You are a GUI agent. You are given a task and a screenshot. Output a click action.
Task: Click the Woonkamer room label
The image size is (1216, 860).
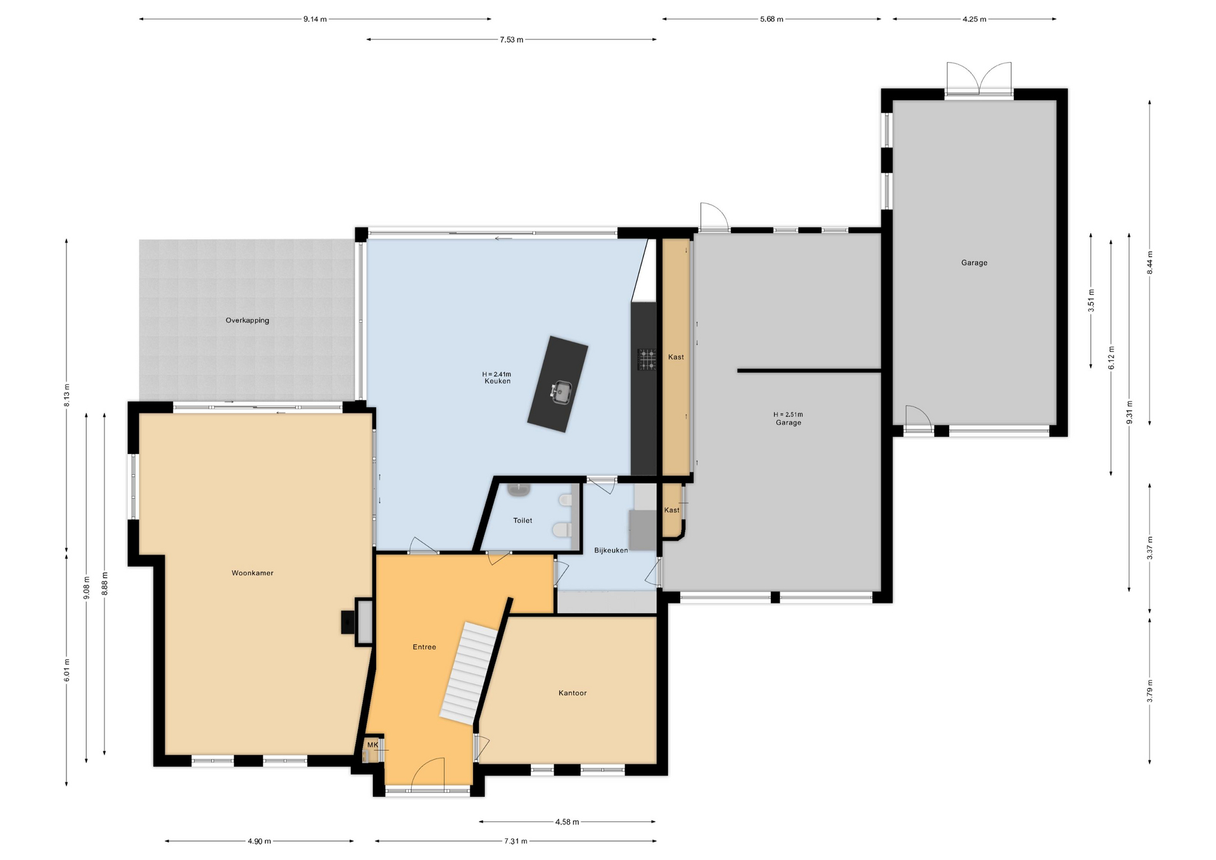coord(252,573)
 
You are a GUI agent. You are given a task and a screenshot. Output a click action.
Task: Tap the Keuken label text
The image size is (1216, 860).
coord(497,381)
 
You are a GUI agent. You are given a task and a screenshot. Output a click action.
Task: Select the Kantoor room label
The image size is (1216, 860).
coord(573,693)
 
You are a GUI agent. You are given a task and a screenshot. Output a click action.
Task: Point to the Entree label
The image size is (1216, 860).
coord(424,647)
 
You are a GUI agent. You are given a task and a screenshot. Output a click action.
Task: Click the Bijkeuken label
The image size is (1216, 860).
coord(611,550)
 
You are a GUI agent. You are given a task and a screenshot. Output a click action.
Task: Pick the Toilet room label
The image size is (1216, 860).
coord(522,521)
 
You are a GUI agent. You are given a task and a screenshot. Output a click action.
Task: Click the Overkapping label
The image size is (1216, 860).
coord(247,320)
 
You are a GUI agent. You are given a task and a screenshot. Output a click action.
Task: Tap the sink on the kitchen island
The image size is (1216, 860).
coord(560,392)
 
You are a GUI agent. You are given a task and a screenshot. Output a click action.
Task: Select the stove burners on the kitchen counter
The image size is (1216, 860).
coord(647,359)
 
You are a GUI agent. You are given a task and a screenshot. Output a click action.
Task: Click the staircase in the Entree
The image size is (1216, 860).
coord(469,673)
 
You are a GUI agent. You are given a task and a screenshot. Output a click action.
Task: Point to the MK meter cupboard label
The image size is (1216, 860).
coord(372,745)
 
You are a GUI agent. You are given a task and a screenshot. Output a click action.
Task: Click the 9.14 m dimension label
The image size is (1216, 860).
coord(315,19)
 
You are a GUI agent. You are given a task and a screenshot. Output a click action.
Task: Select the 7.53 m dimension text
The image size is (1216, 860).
coord(511,39)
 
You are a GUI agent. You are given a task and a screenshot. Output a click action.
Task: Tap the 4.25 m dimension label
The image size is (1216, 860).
coord(974,19)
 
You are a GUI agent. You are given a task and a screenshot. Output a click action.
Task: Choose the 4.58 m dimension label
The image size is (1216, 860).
coord(567,822)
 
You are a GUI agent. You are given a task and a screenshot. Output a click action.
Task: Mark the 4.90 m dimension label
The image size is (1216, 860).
coord(259,841)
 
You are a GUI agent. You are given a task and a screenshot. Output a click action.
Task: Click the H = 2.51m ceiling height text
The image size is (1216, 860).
coord(788,415)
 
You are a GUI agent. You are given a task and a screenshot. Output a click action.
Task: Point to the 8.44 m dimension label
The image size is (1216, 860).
coord(1149,263)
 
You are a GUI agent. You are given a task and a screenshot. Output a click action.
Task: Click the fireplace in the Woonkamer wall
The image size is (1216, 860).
coord(357,621)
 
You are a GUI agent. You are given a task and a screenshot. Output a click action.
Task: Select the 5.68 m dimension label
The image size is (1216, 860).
coord(771,19)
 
